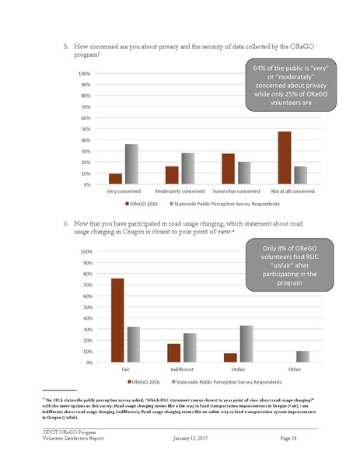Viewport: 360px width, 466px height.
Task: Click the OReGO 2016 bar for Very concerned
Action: [x=115, y=179]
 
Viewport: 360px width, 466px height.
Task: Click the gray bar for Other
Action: [x=303, y=356]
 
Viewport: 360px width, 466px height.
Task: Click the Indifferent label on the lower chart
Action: [x=182, y=369]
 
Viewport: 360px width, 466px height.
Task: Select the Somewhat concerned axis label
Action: [x=236, y=191]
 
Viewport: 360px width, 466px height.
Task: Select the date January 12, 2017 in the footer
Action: [x=193, y=439]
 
